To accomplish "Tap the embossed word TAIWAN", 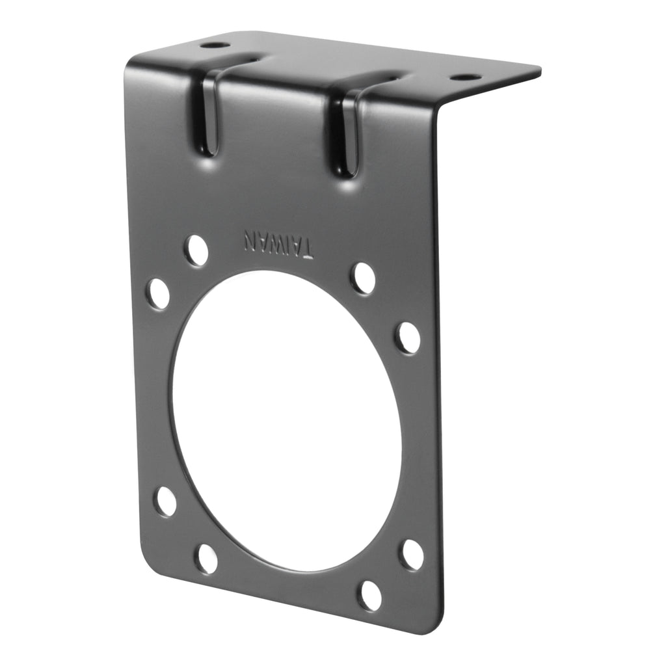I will tap(278, 243).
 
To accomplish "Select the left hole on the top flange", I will tap(214, 46).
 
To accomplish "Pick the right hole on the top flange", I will tap(465, 77).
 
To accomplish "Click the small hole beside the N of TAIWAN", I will tap(196, 250).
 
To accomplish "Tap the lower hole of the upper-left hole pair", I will tap(157, 293).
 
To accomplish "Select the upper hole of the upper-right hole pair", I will tap(363, 278).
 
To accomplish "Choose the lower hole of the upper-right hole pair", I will tap(408, 338).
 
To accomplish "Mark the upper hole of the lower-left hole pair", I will tap(166, 501).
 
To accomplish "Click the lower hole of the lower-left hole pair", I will tap(207, 558).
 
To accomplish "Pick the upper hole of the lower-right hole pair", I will tap(412, 554).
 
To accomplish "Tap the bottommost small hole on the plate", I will tap(369, 595).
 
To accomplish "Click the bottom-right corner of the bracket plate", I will tap(434, 628).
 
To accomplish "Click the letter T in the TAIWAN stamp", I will tap(306, 247).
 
